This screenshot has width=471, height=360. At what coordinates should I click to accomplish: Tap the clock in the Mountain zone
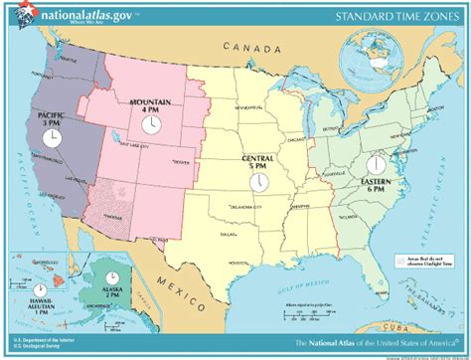[x=151, y=124]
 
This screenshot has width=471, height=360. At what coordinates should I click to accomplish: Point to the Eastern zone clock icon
[x=377, y=162]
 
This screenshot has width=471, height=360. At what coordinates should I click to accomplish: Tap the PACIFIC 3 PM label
[x=52, y=118]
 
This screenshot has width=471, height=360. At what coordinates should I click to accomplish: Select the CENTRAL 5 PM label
[x=256, y=162]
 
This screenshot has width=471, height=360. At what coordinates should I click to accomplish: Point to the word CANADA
[x=244, y=47]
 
